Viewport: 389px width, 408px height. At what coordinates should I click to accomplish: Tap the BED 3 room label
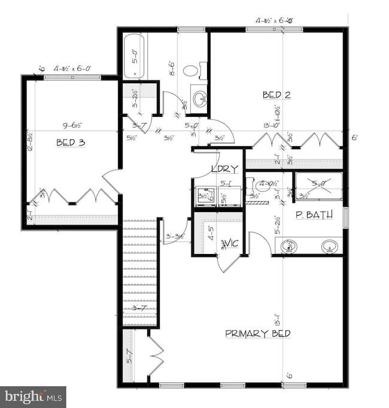tap(70, 143)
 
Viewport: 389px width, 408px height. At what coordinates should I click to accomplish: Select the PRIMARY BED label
tap(257, 334)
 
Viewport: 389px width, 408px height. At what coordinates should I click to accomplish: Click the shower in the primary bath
tap(318, 185)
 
